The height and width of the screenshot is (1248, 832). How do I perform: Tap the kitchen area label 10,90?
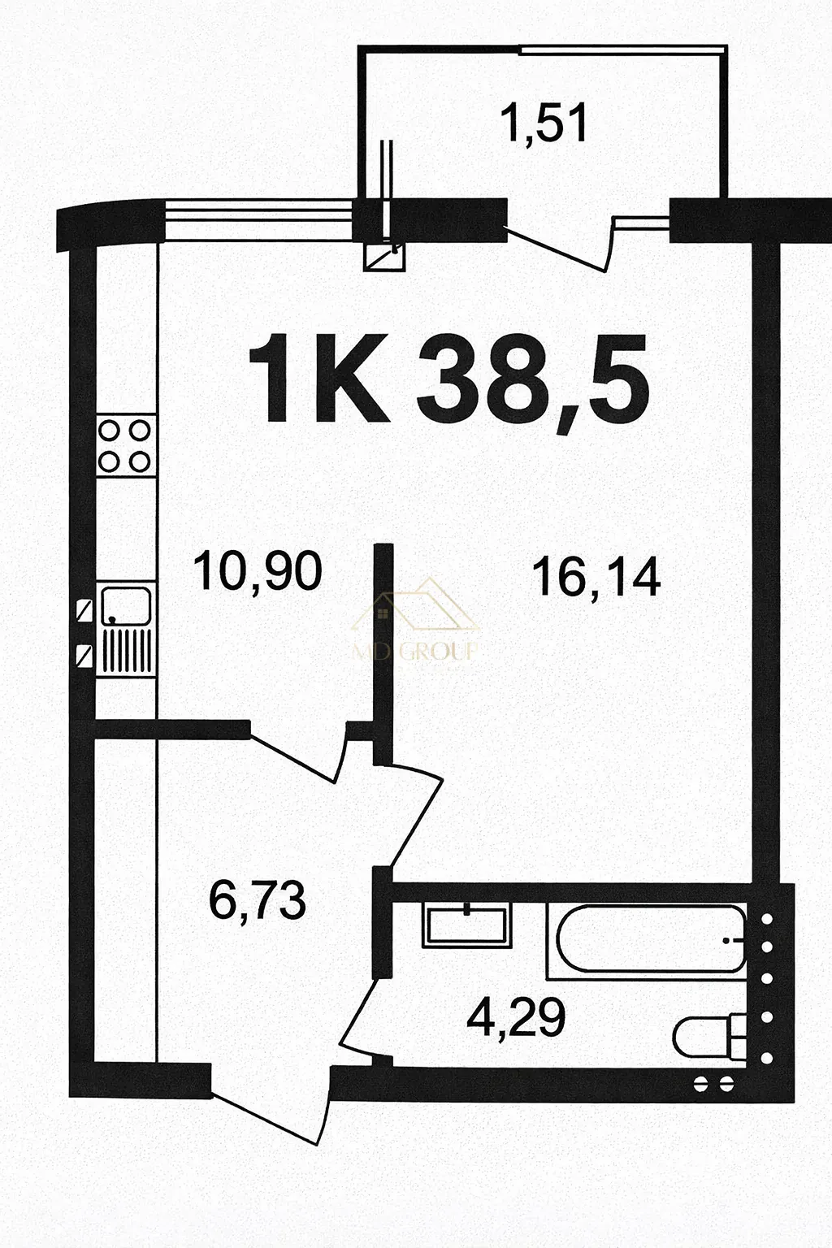point(258,572)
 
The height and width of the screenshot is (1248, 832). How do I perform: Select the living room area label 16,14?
point(596,578)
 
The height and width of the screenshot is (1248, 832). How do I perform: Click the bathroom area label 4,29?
point(516,1018)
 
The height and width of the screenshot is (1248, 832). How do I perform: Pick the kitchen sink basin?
point(126,605)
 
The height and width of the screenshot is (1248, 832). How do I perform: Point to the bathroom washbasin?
point(467,925)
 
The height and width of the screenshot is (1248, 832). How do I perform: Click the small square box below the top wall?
point(385,258)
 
